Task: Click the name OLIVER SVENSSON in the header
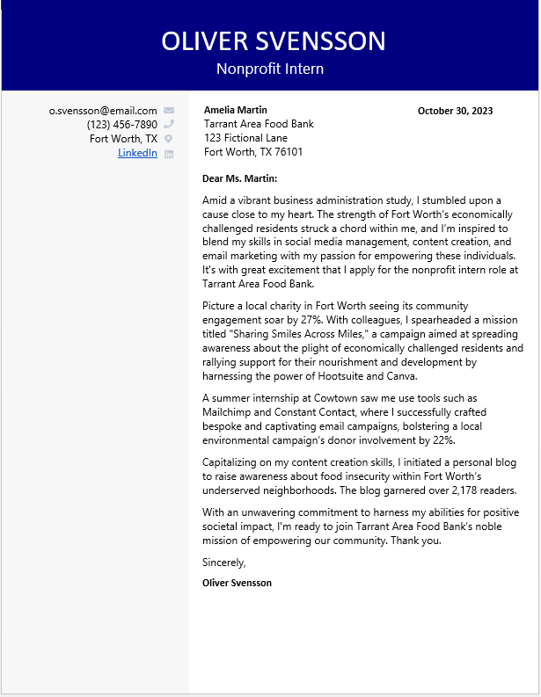(274, 40)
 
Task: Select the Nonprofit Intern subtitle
(270, 69)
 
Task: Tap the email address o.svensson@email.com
(103, 111)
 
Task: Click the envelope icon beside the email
(169, 111)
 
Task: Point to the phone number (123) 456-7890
(121, 125)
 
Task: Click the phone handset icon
(169, 125)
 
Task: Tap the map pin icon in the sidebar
(169, 139)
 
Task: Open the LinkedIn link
(137, 153)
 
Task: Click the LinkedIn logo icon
(169, 154)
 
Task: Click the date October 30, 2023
(455, 111)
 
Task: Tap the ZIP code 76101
(288, 152)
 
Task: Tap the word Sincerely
(223, 563)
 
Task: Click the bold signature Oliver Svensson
(237, 583)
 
